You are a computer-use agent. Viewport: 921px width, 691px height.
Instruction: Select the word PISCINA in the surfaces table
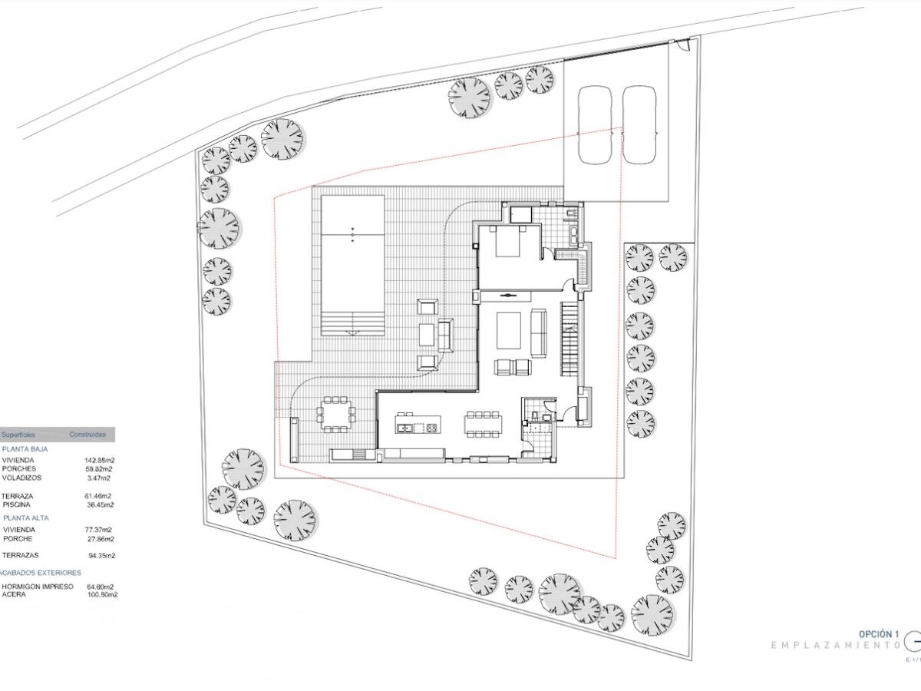pos(17,505)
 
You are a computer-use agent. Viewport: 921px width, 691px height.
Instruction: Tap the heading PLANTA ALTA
pos(25,518)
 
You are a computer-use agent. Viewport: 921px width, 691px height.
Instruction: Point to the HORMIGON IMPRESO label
pos(38,587)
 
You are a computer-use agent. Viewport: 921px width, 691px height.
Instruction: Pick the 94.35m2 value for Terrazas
pos(101,555)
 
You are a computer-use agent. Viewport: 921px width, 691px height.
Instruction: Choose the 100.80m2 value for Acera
pos(102,594)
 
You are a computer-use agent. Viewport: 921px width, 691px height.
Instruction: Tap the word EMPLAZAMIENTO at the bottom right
pos(835,646)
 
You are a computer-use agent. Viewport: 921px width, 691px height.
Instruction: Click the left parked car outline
pos(594,125)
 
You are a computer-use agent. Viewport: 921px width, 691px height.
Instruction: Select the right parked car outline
pos(639,125)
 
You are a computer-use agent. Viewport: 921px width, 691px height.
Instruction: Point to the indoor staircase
pos(569,338)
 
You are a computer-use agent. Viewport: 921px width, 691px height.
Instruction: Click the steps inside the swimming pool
pos(352,323)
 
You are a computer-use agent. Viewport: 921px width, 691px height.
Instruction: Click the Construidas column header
pos(87,435)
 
